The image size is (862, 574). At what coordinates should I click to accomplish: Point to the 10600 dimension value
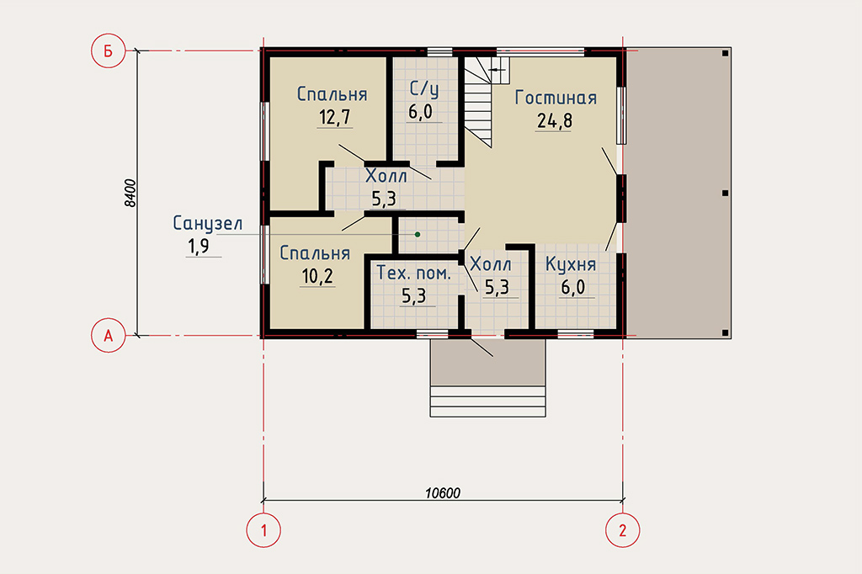(x=443, y=492)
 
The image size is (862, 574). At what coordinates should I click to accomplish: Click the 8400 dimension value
(x=130, y=193)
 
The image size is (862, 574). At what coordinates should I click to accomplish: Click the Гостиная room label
(x=556, y=98)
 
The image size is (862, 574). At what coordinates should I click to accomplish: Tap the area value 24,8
(x=554, y=120)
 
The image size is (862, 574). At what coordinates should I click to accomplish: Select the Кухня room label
(x=571, y=264)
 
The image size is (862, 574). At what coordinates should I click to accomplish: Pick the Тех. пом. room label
(x=413, y=274)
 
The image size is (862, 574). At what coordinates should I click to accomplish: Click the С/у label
(x=424, y=89)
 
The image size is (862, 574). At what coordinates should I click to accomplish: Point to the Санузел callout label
(x=207, y=223)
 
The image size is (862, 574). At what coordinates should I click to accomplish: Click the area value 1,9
(x=199, y=246)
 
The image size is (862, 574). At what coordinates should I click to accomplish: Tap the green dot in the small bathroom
(x=418, y=234)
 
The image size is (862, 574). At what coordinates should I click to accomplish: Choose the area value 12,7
(x=335, y=117)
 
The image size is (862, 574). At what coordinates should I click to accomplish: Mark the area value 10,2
(x=317, y=276)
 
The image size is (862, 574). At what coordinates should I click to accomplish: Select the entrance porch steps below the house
(x=488, y=401)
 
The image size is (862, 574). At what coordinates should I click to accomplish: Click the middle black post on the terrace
(x=725, y=193)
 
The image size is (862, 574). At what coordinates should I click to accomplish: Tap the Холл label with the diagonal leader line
(x=491, y=264)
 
